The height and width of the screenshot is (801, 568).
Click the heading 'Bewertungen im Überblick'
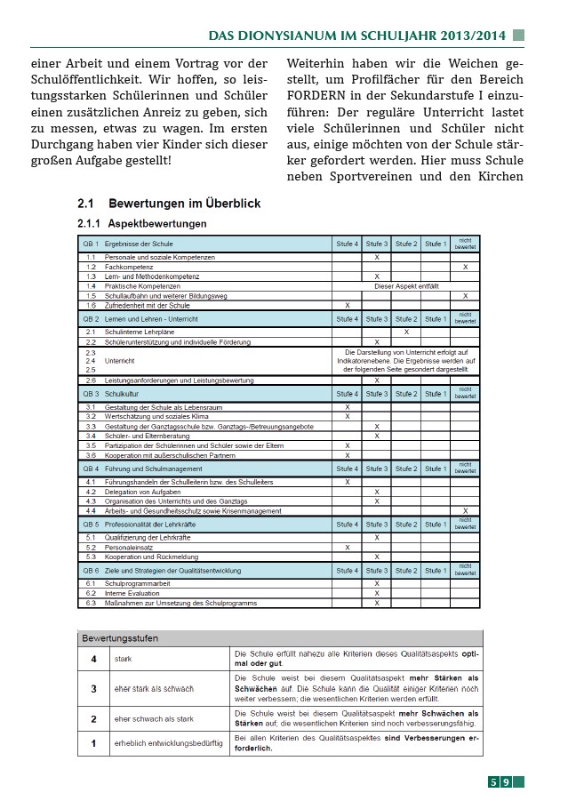184,204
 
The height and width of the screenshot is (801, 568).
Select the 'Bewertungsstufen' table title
120,638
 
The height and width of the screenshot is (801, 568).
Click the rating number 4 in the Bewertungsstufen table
93,659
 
